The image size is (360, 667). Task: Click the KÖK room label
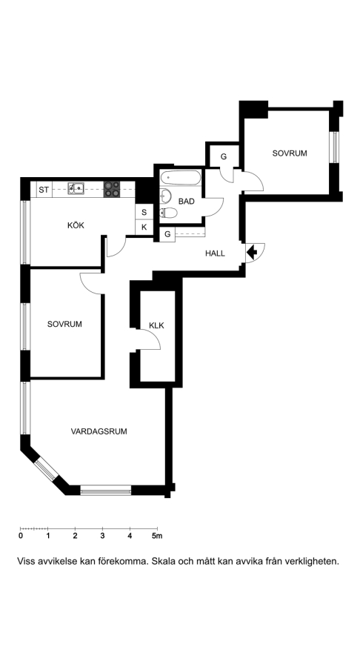point(76,225)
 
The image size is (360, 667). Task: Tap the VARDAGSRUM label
point(99,431)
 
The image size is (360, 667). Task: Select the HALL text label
point(215,253)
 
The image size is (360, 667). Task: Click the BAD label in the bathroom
point(186,201)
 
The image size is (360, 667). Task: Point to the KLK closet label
point(156,326)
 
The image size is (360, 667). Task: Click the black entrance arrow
point(252,252)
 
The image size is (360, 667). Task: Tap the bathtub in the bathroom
point(181,178)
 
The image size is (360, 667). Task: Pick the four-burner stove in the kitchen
point(112,189)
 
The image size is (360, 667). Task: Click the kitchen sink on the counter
point(76,188)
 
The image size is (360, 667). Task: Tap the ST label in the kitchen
point(44,190)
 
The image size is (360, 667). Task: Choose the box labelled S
point(144,212)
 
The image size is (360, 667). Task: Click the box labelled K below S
point(144,228)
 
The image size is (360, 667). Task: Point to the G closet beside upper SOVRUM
point(223,156)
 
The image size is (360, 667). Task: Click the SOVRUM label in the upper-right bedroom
point(290,153)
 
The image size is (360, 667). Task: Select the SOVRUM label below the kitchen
point(64,324)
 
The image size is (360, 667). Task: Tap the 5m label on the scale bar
point(157,536)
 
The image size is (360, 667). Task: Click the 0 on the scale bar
point(21,536)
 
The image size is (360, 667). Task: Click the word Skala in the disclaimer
point(164,561)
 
